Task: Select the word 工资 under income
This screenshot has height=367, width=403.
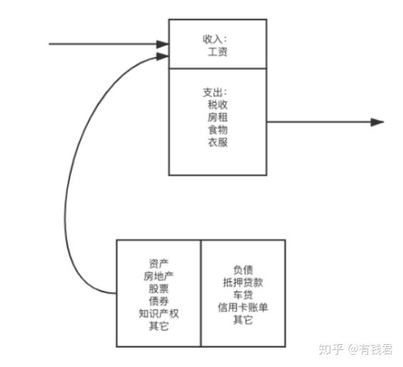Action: [x=218, y=52]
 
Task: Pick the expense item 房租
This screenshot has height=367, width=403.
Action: [x=218, y=118]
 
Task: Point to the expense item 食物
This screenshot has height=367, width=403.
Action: [x=218, y=130]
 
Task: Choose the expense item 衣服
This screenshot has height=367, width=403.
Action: [x=218, y=142]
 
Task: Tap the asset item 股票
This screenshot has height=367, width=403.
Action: [x=159, y=289]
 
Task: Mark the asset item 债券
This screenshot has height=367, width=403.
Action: [x=159, y=301]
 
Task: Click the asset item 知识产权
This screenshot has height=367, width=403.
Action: [x=159, y=314]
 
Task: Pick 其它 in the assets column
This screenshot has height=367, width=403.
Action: [x=159, y=326]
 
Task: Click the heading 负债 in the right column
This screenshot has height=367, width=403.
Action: [x=243, y=270]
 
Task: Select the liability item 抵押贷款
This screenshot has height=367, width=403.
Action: [x=243, y=282]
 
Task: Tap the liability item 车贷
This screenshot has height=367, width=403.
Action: [x=243, y=295]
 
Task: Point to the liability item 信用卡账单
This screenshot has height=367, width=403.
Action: [x=243, y=307]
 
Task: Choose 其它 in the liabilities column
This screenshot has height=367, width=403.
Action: [x=243, y=320]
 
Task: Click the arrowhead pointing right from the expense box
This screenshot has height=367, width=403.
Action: [x=377, y=122]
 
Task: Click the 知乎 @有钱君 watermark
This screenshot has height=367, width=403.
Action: [x=355, y=349]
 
